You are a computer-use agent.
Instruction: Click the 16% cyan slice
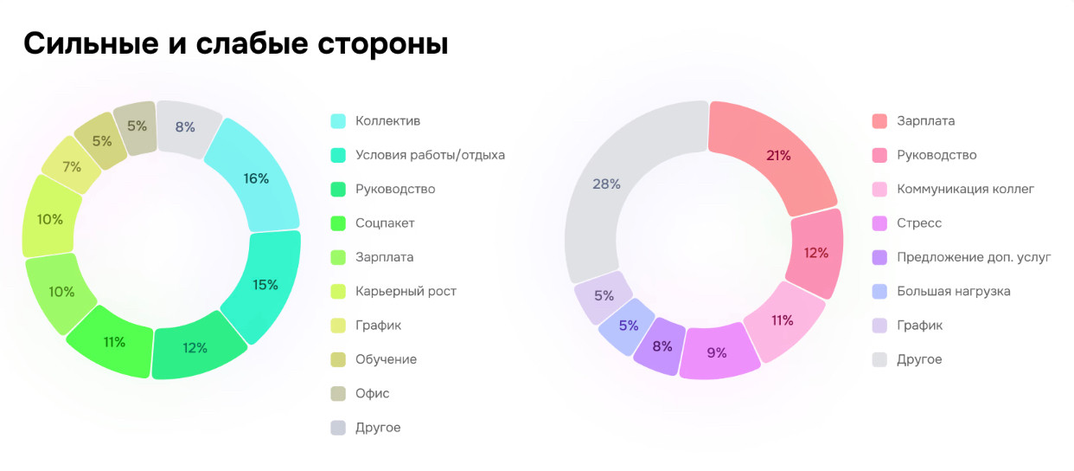coord(256,178)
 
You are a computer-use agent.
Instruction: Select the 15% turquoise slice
coord(265,285)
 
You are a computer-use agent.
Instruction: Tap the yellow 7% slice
coord(71,166)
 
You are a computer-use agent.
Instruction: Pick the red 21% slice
coord(778,156)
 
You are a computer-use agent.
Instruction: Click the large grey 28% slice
coord(607,184)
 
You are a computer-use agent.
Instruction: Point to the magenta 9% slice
coord(717,352)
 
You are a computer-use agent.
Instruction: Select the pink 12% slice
coord(815,253)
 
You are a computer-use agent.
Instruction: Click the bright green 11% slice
coord(114,342)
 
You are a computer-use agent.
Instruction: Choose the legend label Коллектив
coord(387,121)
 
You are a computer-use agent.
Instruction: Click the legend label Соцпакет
coord(385,223)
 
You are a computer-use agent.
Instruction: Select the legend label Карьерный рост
coord(406,291)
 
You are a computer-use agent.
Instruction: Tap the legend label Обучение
coord(386,359)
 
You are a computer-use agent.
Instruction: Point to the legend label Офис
coord(373,393)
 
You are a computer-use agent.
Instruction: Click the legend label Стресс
coord(919,223)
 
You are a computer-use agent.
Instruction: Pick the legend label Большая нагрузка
coord(953,291)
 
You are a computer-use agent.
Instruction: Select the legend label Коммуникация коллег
coord(965,189)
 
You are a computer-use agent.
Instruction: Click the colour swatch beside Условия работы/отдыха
coord(339,155)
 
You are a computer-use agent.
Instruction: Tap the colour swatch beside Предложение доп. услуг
coord(879,257)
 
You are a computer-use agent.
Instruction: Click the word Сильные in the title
coord(87,43)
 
